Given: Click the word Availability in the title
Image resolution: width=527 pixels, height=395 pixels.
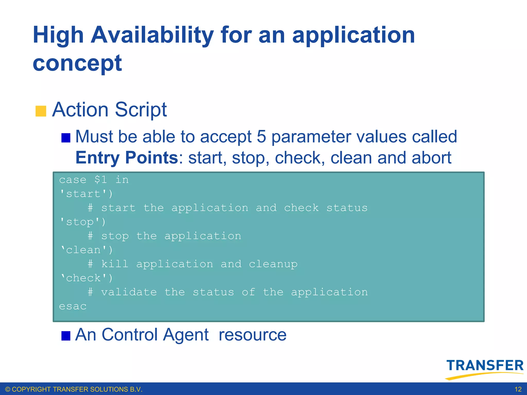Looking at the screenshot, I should (152, 35).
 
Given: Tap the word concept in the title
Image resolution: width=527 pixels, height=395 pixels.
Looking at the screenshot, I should (77, 63).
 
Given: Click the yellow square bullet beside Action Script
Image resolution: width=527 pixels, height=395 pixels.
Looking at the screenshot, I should (41, 111).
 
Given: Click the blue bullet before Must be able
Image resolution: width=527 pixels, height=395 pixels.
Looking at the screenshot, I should (66, 138).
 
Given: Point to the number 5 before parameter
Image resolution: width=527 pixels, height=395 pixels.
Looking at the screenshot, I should (261, 137).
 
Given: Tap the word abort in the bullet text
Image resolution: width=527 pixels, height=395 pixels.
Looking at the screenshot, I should (431, 158).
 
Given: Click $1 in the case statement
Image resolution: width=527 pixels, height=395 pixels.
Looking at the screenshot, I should (101, 179).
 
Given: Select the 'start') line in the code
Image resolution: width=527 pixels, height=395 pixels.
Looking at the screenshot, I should (86, 194).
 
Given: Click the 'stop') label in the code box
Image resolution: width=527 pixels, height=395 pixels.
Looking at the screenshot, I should (82, 222).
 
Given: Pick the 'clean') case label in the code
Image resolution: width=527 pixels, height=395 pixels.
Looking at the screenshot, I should (86, 250).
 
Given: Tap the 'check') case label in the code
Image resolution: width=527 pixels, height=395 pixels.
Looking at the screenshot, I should (86, 278).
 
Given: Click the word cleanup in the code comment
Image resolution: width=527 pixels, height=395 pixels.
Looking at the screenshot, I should (273, 264).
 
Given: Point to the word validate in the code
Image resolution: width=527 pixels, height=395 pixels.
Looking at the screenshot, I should (129, 292).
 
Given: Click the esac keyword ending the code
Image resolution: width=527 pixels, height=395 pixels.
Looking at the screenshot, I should (73, 306).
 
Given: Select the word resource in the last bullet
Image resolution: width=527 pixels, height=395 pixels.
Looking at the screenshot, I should (252, 335).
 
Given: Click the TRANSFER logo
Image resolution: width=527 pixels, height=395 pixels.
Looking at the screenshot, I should (485, 368).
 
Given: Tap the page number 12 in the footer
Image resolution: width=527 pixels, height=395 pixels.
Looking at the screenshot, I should (518, 389).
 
